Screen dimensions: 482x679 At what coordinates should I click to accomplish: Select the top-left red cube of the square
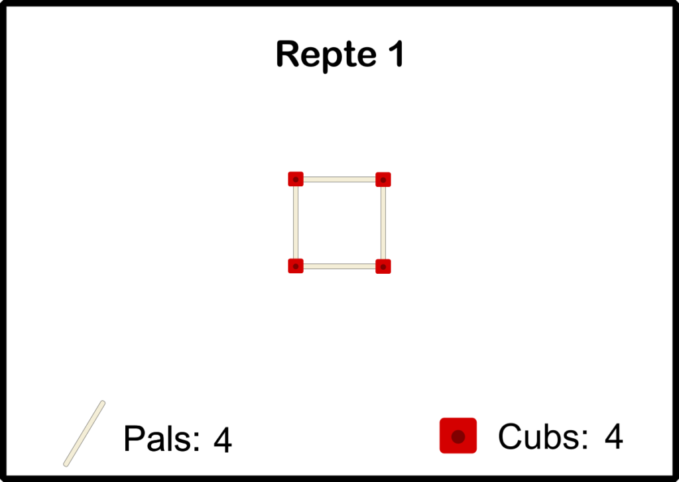click(x=296, y=179)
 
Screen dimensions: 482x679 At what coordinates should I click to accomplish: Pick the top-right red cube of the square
click(x=383, y=179)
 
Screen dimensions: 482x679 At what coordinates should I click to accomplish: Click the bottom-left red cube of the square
click(x=296, y=266)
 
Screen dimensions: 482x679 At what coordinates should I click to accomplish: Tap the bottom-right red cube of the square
click(x=383, y=266)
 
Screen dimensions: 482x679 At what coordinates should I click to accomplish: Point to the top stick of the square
click(x=339, y=179)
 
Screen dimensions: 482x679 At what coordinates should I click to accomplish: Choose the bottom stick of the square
click(x=339, y=266)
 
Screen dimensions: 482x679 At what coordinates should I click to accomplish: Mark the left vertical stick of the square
click(x=296, y=223)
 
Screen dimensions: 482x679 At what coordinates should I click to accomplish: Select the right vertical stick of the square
click(x=383, y=223)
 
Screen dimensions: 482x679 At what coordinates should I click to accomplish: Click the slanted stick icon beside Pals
click(x=84, y=433)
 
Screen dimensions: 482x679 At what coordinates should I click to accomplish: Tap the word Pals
click(x=161, y=439)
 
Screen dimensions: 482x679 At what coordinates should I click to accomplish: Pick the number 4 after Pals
click(x=223, y=440)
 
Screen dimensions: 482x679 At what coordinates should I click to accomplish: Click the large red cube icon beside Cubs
click(x=458, y=436)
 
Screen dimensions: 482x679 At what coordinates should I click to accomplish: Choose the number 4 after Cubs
click(x=613, y=436)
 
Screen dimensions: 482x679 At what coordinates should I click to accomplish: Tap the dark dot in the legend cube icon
click(x=458, y=436)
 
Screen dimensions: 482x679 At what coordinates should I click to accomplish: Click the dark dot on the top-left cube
click(x=296, y=180)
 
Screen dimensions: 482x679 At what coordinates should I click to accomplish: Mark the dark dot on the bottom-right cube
click(x=383, y=267)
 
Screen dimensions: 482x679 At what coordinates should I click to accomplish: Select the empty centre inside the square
click(x=339, y=223)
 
